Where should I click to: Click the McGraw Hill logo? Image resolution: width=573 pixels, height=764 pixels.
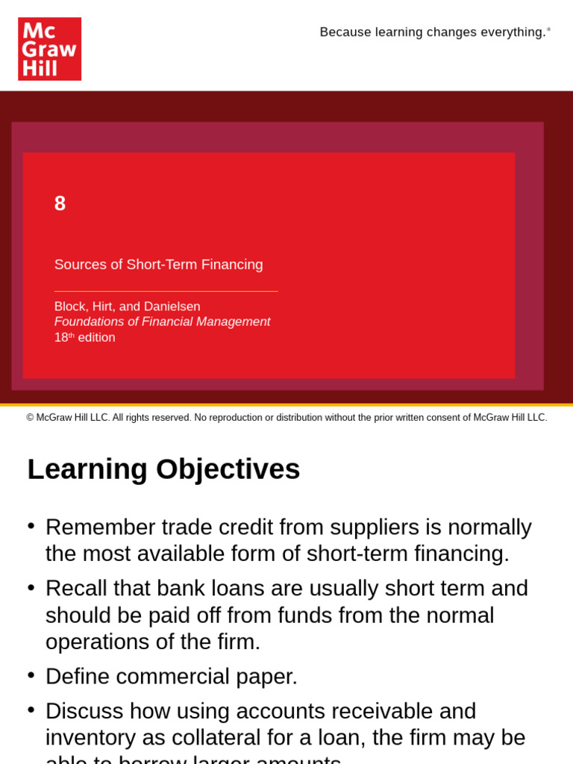pyautogui.click(x=49, y=49)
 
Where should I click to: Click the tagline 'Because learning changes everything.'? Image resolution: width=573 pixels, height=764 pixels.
pyautogui.click(x=433, y=32)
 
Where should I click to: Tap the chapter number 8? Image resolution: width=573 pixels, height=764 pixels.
pyautogui.click(x=60, y=203)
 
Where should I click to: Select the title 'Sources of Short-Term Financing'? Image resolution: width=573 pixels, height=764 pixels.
pyautogui.click(x=158, y=265)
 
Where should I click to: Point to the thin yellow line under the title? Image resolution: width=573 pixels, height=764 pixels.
pyautogui.click(x=166, y=291)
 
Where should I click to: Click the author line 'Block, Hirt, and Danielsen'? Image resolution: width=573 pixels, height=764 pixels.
pyautogui.click(x=127, y=307)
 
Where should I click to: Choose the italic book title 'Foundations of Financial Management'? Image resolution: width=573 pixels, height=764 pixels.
pyautogui.click(x=162, y=322)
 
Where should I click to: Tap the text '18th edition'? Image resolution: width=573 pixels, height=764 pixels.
pyautogui.click(x=84, y=337)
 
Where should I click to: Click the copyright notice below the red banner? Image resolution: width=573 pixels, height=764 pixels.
pyautogui.click(x=286, y=418)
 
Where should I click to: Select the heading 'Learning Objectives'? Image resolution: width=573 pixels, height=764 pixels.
pyautogui.click(x=163, y=469)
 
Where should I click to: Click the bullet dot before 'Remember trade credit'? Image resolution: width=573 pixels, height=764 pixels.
pyautogui.click(x=31, y=525)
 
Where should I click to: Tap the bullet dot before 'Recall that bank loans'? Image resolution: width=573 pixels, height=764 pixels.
pyautogui.click(x=31, y=587)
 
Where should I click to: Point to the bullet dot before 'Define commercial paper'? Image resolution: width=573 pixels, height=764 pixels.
pyautogui.click(x=31, y=674)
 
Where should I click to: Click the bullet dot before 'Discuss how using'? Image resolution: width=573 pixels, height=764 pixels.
pyautogui.click(x=31, y=710)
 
